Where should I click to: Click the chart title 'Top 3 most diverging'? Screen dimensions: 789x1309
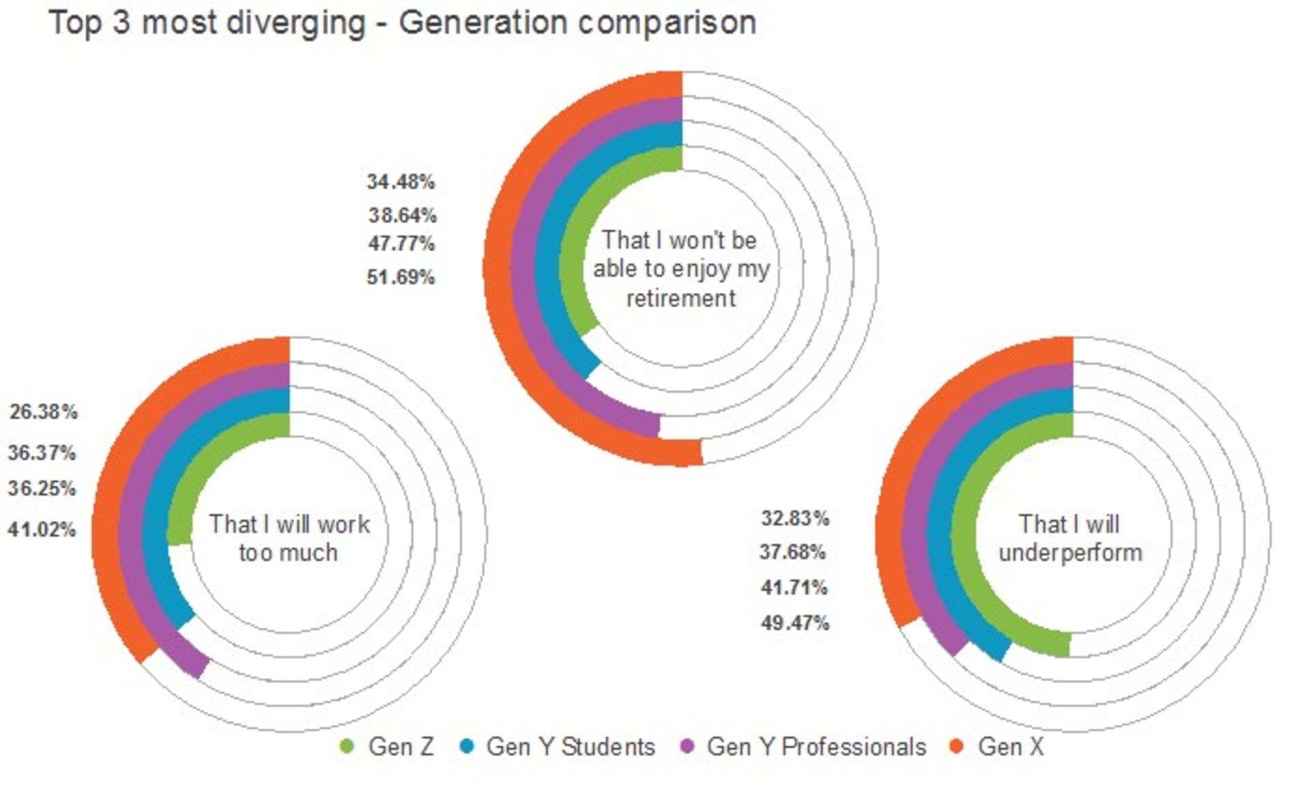[402, 23]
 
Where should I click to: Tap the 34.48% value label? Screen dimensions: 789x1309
[401, 182]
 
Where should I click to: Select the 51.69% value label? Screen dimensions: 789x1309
[401, 278]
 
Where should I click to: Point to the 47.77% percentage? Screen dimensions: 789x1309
[402, 243]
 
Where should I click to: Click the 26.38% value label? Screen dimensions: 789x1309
[44, 412]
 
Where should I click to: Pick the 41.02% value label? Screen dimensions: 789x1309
[42, 529]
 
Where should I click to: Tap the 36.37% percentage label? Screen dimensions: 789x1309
[42, 453]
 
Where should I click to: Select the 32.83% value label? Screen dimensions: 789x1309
[795, 518]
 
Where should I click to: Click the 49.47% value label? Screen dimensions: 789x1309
[795, 623]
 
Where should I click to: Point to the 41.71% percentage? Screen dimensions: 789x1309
[794, 587]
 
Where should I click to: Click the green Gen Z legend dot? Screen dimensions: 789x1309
[347, 747]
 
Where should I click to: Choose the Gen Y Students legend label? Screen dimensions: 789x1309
[570, 747]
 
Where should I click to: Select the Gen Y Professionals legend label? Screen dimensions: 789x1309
[816, 747]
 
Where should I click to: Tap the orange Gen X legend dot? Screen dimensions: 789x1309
[957, 747]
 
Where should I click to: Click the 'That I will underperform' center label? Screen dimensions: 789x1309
[1070, 538]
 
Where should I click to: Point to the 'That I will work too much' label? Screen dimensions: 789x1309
[289, 538]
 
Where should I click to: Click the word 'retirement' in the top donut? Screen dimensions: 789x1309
[681, 298]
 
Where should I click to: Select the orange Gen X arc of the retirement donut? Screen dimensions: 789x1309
[496, 266]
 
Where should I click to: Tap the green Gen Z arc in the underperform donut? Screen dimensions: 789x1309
[963, 532]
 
